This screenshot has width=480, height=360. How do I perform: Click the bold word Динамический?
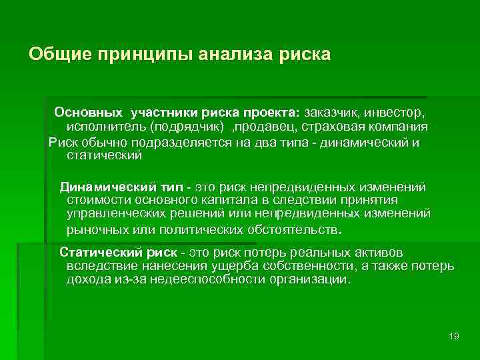pos(103,186)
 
